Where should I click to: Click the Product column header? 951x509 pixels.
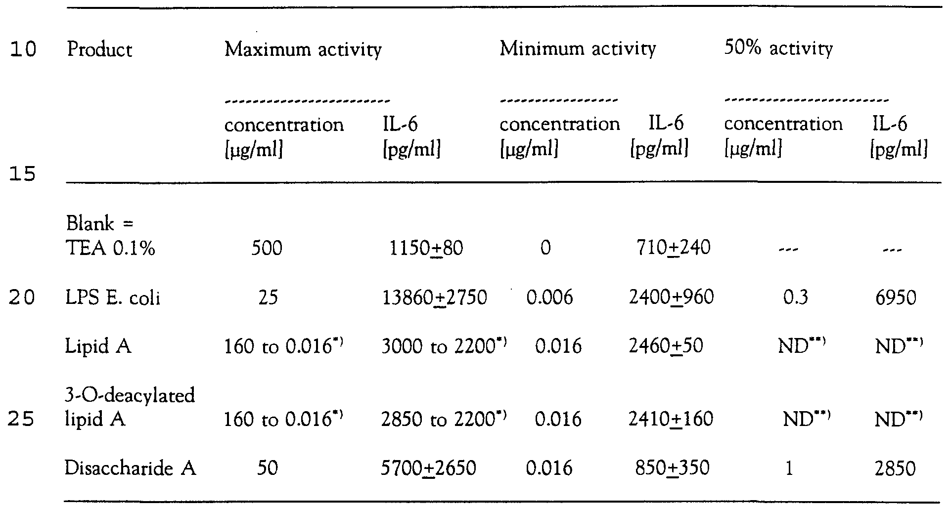tap(99, 50)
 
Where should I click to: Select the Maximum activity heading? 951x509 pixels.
tap(303, 50)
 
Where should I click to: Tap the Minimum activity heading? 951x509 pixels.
tap(577, 49)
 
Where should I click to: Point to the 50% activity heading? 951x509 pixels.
tap(778, 48)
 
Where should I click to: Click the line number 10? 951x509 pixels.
tap(23, 50)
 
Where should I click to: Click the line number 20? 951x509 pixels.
tap(23, 298)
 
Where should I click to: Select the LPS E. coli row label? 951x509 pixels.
tap(113, 298)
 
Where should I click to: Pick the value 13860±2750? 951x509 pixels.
tap(434, 297)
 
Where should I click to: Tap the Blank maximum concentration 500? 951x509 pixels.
tap(267, 248)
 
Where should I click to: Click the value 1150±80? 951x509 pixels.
tap(426, 248)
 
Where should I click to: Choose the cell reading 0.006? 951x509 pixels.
tap(549, 297)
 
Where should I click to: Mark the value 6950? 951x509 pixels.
tap(895, 297)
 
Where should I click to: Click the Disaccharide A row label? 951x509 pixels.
tap(130, 468)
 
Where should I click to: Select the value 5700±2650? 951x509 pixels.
tap(428, 468)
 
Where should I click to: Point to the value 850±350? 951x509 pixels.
tap(672, 467)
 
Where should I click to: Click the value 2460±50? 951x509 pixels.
tap(666, 346)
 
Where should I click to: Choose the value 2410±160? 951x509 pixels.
tap(671, 419)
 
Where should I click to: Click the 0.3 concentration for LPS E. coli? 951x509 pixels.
tap(795, 298)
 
